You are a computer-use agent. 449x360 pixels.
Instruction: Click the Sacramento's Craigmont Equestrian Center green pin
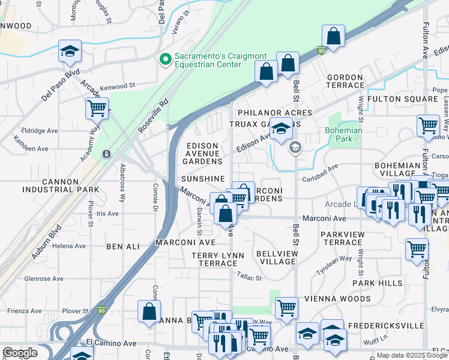coord(164,59)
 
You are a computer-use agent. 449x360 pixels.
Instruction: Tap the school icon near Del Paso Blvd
coord(70,52)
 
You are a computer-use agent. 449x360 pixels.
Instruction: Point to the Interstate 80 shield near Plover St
coord(101,311)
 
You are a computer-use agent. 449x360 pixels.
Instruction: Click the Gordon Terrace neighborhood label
coord(345,82)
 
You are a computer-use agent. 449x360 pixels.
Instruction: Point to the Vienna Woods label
coord(345,299)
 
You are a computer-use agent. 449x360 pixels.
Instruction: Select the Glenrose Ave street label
coord(43,279)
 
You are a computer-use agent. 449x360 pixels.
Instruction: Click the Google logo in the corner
coord(20,353)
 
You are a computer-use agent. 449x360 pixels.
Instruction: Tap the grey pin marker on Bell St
coord(295,147)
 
